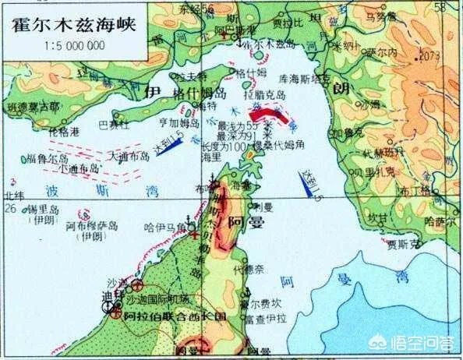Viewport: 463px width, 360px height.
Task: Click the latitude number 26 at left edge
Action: click(10, 209)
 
